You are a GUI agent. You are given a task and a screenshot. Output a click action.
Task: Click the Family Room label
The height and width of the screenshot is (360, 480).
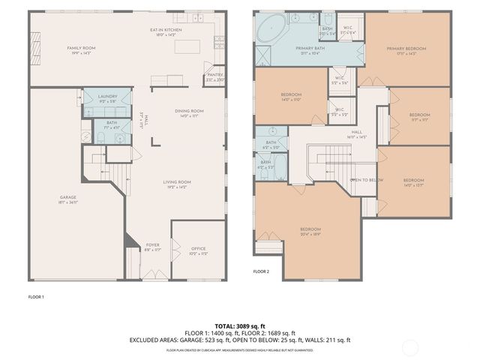pos(81,49)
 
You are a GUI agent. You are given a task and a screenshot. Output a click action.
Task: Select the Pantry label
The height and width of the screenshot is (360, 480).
pos(214,76)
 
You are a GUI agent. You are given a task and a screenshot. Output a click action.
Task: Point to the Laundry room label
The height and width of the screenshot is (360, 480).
pos(107,98)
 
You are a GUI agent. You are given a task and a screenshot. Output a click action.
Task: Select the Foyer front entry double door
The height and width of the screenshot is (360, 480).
pos(153,279)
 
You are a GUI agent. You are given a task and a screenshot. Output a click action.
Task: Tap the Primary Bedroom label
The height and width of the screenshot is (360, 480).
pos(406,51)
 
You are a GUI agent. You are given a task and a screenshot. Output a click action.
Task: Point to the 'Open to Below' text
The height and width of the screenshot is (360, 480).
pos(367,180)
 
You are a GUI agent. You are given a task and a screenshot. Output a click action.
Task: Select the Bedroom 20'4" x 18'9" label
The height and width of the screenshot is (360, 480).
pos(311,230)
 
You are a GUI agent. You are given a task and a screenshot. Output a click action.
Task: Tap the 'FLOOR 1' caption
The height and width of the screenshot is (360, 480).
pos(36,296)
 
